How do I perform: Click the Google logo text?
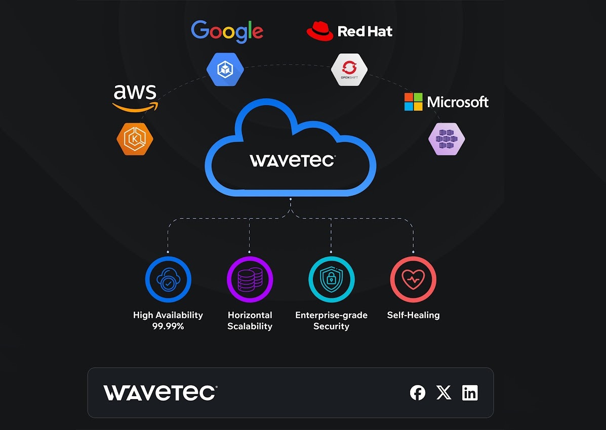227,31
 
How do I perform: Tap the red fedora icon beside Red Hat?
319,31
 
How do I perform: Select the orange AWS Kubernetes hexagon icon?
135,139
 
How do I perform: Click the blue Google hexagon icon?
225,69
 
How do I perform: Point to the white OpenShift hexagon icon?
349,69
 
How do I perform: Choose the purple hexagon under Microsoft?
447,139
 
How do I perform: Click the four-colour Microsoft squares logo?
413,102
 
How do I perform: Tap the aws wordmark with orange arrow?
135,98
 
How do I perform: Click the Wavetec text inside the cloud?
292,161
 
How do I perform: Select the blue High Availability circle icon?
168,279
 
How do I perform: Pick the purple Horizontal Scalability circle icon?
250,279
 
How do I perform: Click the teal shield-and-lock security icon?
332,279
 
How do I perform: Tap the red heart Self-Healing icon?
413,279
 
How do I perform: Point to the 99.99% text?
168,326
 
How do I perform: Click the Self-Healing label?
413,315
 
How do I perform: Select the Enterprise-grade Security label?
331,321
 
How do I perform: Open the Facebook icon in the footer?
418,393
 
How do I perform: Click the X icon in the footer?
443,393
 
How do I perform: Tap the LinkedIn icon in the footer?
470,393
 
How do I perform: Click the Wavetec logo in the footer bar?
160,393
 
